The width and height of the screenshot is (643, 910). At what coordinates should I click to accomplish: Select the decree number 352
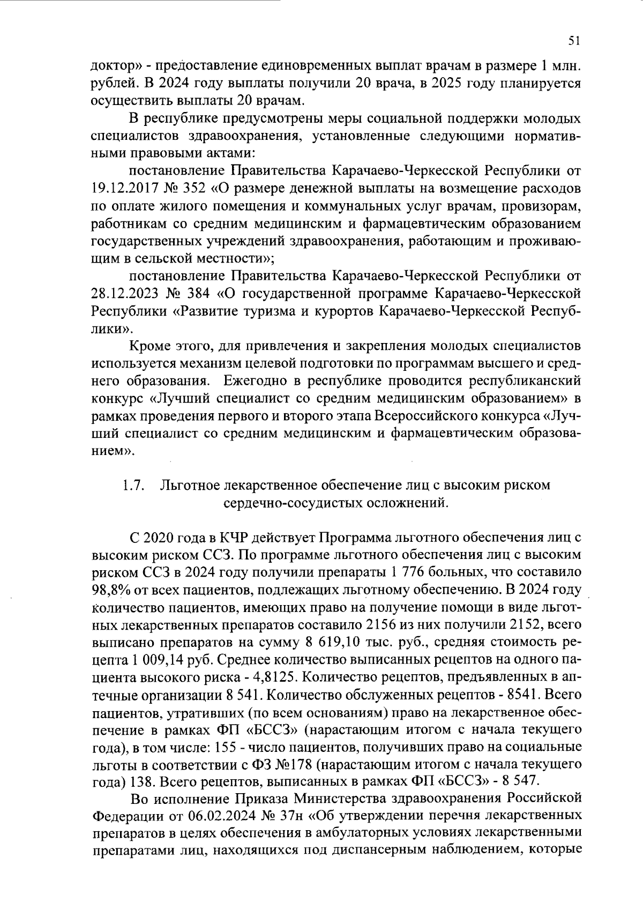[x=195, y=189]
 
